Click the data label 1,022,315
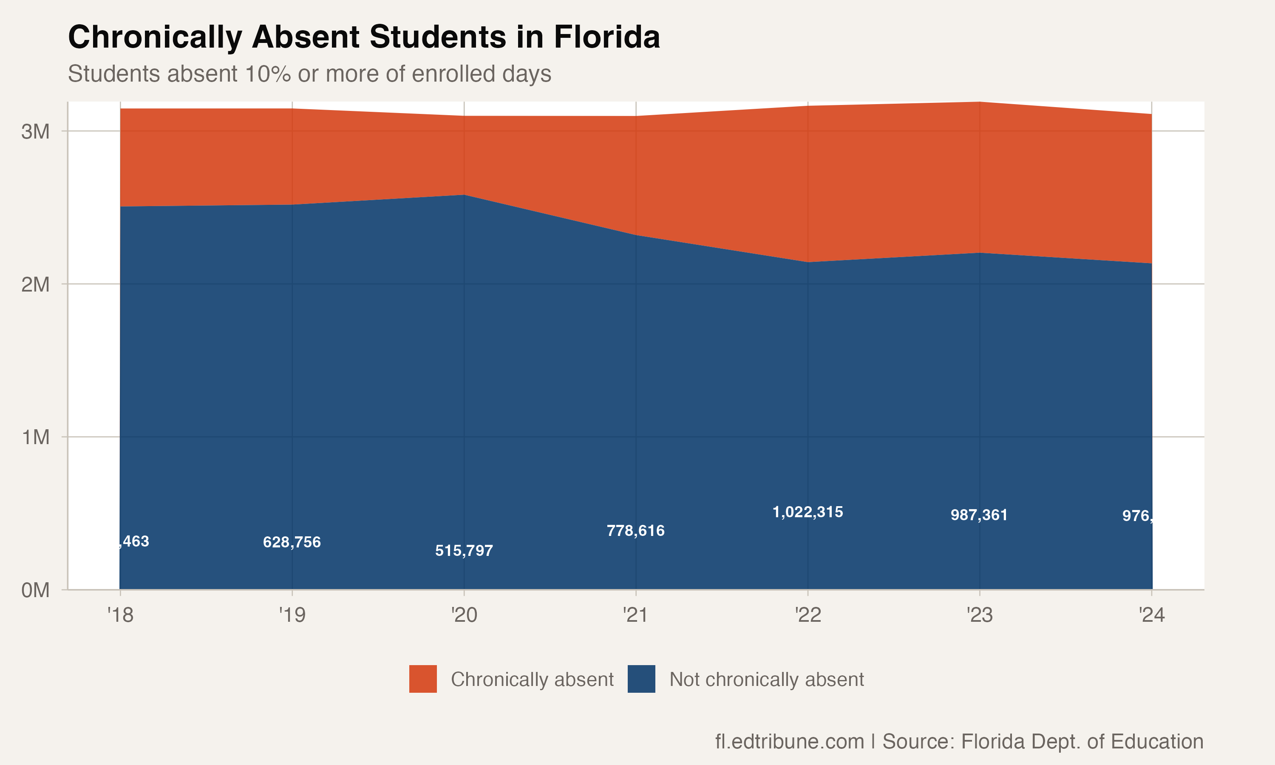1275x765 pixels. [x=807, y=512]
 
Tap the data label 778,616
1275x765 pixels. [x=635, y=530]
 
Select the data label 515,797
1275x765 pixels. [x=464, y=550]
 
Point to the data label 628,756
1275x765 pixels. [x=292, y=542]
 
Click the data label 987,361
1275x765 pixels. [x=979, y=515]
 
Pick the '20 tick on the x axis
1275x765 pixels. [x=464, y=615]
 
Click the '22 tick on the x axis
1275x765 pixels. [x=807, y=615]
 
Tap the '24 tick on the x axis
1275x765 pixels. [x=1151, y=615]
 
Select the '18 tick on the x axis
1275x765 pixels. [x=120, y=615]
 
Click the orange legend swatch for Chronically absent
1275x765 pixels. [x=422, y=679]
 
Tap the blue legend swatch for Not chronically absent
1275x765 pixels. [x=641, y=679]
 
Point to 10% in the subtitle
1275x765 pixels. [x=267, y=74]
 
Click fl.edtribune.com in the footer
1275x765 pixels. [x=789, y=741]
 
